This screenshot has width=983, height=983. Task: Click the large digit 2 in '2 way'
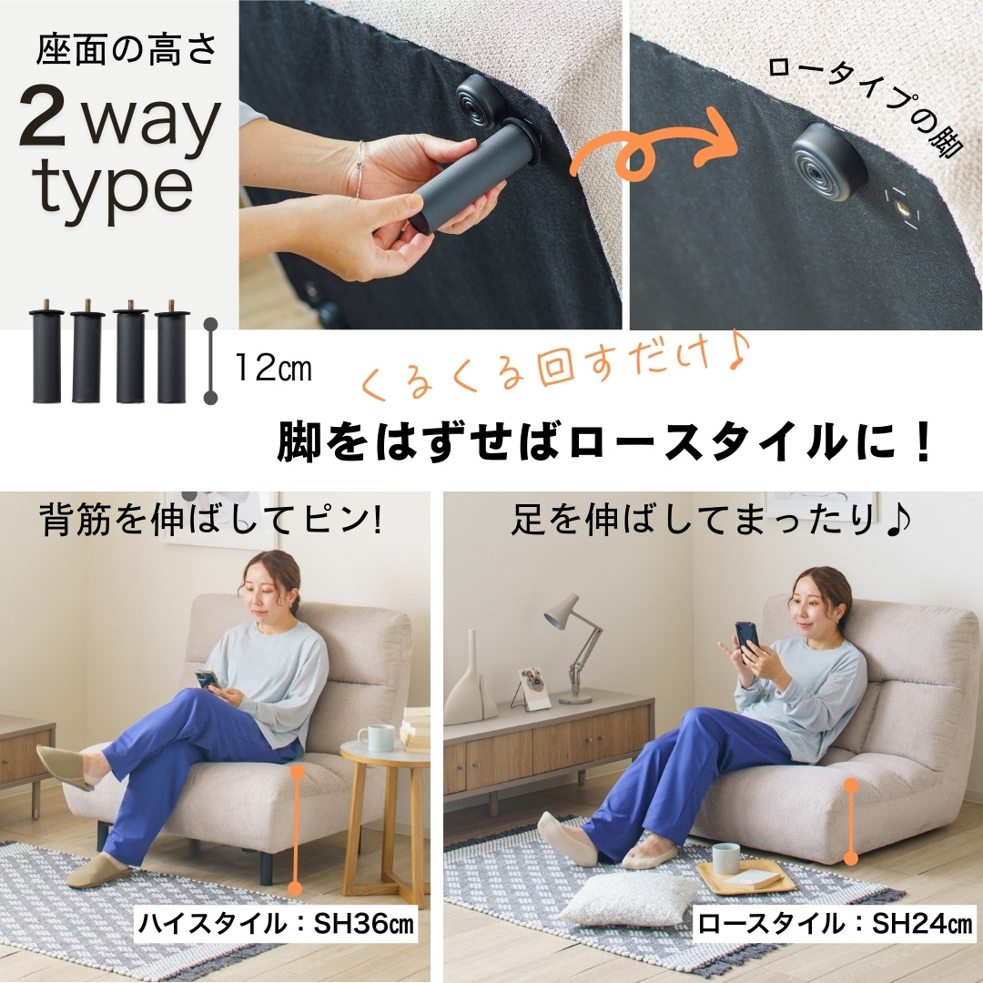[x=42, y=114]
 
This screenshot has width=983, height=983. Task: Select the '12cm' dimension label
[x=273, y=368]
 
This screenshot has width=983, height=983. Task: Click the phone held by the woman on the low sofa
[x=747, y=641]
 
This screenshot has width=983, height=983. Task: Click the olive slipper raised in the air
[x=64, y=767]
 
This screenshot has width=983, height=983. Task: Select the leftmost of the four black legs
[x=47, y=352]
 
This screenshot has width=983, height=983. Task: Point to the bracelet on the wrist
[x=360, y=169]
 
